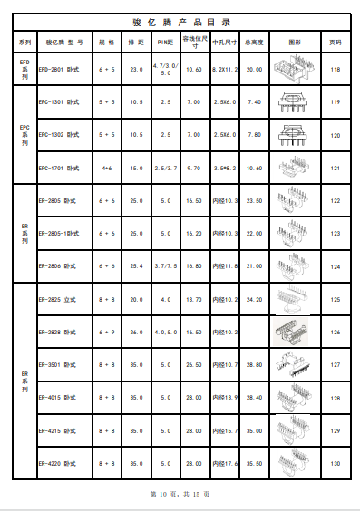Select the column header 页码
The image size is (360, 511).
335,42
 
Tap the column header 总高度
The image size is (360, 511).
254,42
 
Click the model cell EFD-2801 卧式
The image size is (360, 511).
63,69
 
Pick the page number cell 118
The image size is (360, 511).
335,69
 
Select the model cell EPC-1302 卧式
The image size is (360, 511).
63,135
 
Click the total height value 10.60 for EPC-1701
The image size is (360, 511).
254,169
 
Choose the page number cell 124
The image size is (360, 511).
335,266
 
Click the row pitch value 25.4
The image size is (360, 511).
136,266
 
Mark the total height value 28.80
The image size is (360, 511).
254,365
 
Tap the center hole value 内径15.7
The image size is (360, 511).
224,430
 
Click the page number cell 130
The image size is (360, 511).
335,464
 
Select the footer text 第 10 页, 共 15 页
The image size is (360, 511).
179,494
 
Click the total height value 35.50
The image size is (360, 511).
254,464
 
